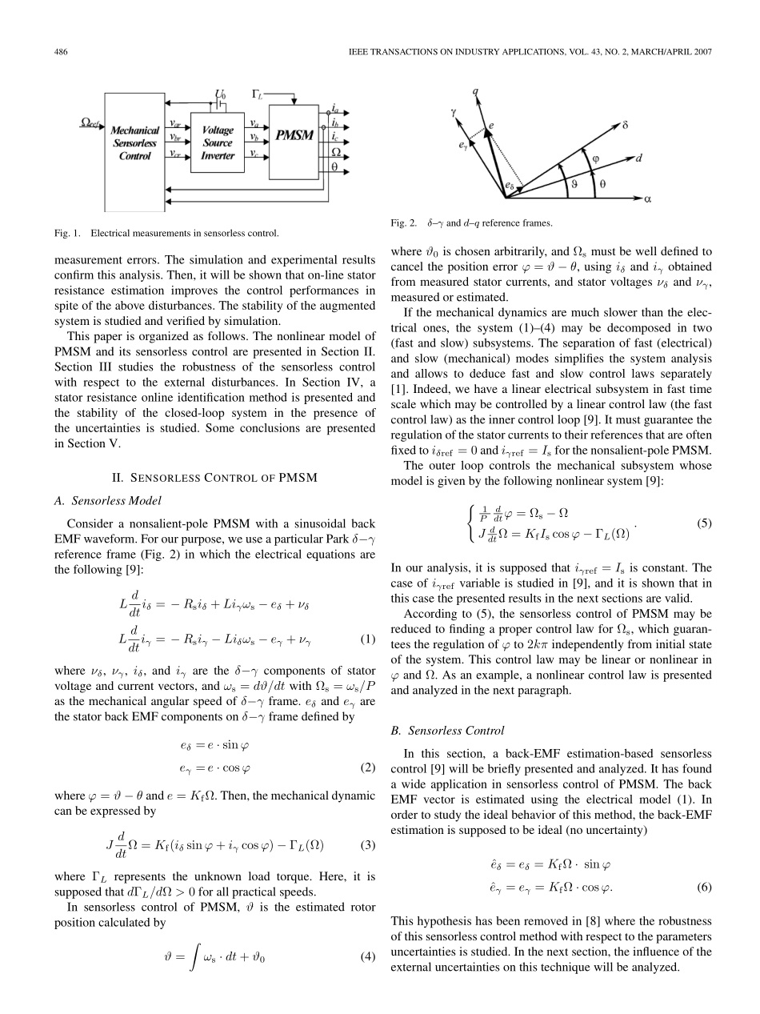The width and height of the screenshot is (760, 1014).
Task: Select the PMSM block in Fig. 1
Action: point(294,135)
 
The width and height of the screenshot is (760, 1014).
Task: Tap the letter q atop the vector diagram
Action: point(476,92)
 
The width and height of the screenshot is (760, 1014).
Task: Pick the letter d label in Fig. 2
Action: point(638,158)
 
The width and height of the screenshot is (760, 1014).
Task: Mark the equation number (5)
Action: point(704,524)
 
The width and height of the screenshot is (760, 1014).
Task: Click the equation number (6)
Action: point(704,887)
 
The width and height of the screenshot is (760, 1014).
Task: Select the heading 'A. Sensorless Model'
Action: point(116,501)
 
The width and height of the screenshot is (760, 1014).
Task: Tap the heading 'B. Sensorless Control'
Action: point(448,731)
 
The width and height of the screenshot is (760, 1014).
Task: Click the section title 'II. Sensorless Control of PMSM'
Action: point(214,478)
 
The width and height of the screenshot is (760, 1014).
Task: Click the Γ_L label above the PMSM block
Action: point(258,94)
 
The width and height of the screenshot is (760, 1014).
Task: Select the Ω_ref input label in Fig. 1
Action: point(90,122)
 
